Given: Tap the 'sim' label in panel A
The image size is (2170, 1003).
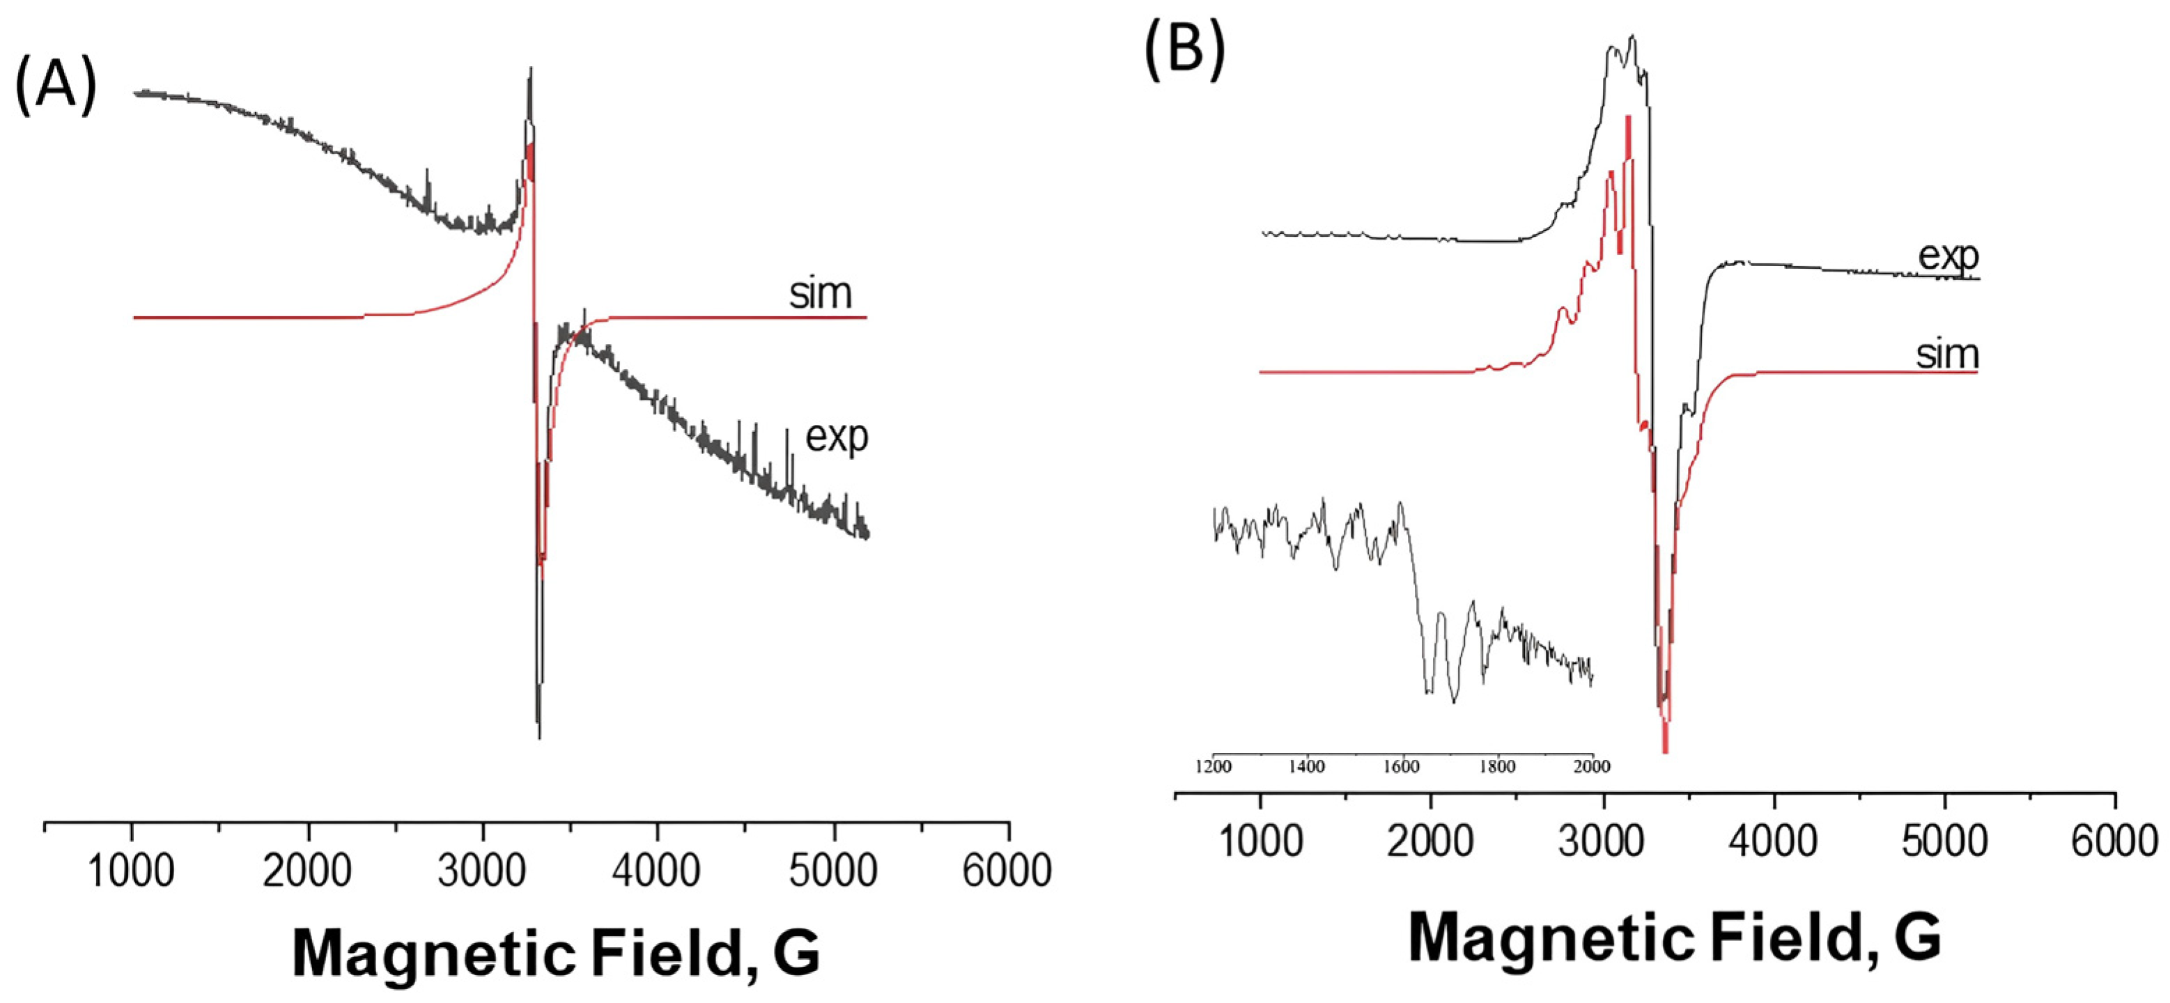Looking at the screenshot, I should click(821, 293).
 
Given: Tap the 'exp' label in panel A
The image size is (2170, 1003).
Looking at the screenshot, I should click(837, 436).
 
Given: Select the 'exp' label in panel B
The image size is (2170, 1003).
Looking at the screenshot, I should click(1948, 255).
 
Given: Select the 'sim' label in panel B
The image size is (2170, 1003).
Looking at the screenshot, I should click(1947, 354).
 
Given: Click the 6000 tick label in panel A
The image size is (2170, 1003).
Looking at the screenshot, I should click(1007, 870).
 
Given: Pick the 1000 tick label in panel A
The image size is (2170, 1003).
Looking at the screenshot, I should click(132, 870).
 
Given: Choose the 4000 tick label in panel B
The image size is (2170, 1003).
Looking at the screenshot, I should click(1774, 841).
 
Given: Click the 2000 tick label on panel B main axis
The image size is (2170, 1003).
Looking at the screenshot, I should click(1430, 841).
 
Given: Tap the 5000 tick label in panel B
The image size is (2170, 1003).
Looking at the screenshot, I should click(1945, 841).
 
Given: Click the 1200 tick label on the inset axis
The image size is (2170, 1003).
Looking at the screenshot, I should click(1213, 767).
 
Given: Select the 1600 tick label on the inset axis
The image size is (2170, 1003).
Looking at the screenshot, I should click(1401, 767).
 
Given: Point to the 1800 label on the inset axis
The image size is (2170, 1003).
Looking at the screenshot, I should click(1496, 767).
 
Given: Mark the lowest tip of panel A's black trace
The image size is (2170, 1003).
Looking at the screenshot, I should click(539, 738).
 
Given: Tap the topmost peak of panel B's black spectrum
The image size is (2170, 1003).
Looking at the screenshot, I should click(1634, 36).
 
